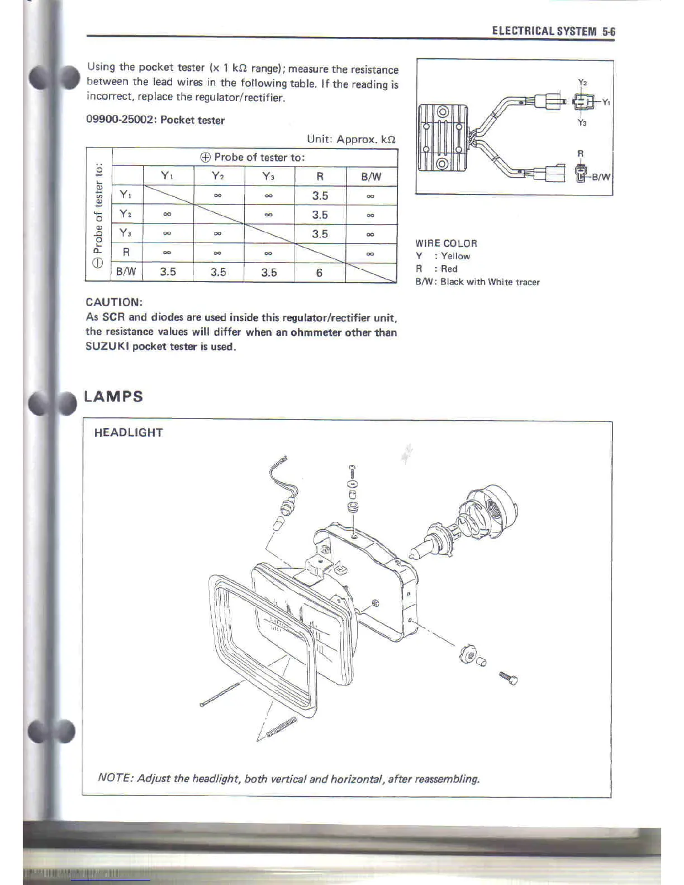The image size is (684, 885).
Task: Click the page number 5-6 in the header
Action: (x=609, y=31)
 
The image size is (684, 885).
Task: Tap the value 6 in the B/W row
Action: (x=319, y=273)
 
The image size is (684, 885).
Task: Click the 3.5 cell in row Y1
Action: (x=320, y=196)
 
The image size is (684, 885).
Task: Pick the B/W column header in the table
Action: (x=371, y=177)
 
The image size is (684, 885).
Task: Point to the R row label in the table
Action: (x=126, y=252)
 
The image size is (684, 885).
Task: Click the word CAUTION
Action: (x=114, y=302)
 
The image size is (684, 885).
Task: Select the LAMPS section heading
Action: (x=113, y=397)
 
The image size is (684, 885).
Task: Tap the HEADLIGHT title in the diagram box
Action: (x=129, y=432)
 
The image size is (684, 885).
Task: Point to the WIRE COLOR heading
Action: (x=446, y=244)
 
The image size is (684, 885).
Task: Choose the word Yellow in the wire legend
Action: (x=455, y=256)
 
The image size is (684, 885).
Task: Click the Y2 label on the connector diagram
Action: (x=582, y=83)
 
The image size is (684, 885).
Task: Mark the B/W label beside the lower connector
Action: (x=601, y=177)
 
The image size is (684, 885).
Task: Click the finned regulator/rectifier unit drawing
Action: (x=441, y=137)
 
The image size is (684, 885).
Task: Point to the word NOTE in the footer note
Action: (x=114, y=778)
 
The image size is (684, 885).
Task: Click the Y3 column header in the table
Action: (x=269, y=177)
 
